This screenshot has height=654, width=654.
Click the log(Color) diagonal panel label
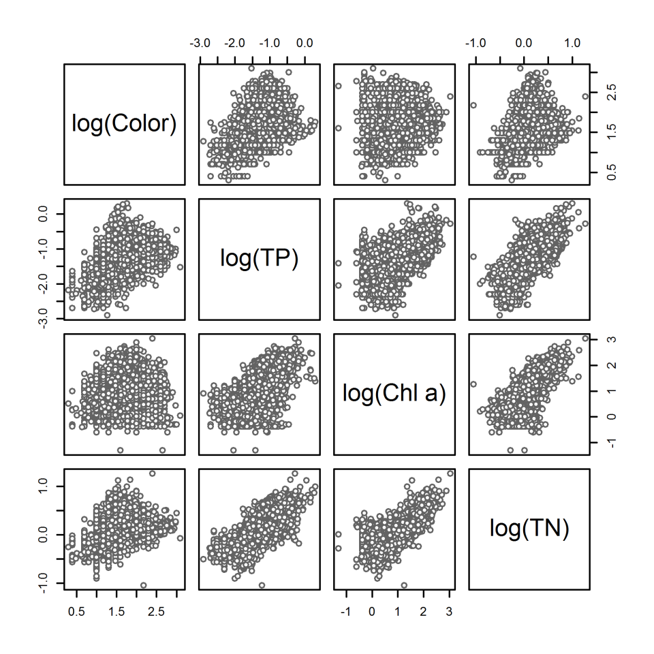point(124,123)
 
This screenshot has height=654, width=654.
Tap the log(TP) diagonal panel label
point(259,258)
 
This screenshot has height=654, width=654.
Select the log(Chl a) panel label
point(394,393)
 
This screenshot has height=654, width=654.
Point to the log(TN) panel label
point(529,528)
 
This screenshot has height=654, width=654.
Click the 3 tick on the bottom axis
point(449,611)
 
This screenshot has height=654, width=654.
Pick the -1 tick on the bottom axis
point(346,611)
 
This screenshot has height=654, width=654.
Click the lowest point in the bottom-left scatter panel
point(144,585)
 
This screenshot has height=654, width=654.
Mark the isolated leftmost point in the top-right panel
point(473,105)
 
